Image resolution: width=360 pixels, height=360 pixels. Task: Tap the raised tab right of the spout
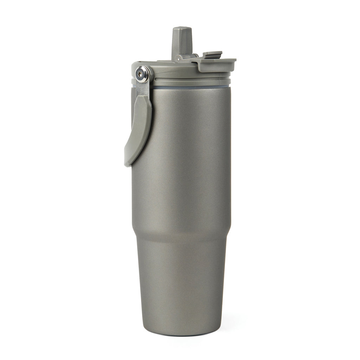pyautogui.click(x=213, y=54)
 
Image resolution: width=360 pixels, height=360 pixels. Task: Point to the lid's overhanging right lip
pyautogui.click(x=230, y=63)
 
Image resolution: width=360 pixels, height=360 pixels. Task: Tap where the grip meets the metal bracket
pyautogui.click(x=144, y=99)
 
